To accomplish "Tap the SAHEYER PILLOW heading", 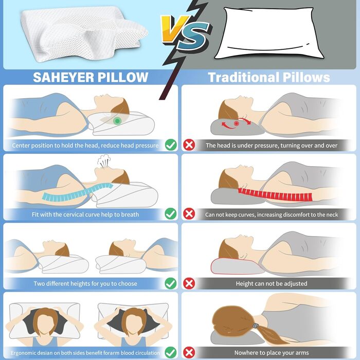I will tap(91, 78).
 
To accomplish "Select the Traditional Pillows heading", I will tap(268, 78).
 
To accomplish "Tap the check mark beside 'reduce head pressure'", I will tap(171, 146).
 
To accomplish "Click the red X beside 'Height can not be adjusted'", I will tap(189, 283).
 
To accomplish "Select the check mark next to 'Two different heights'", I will tap(171, 283).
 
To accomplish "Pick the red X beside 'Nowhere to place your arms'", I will tap(189, 353).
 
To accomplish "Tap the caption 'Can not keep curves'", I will tap(272, 214).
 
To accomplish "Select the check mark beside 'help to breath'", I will tap(171, 214).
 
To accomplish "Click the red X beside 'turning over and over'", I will tap(189, 146).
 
